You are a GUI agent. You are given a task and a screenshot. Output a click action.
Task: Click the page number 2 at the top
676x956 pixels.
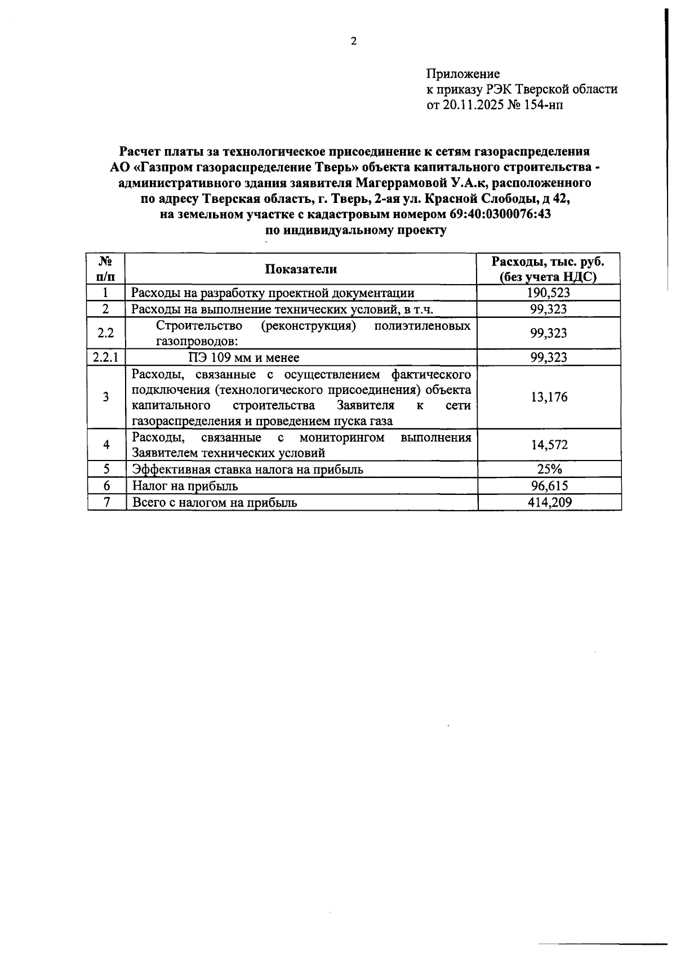point(354,41)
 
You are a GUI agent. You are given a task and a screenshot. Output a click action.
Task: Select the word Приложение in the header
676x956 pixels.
point(462,74)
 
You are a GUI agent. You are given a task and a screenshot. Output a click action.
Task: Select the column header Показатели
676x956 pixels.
point(301,269)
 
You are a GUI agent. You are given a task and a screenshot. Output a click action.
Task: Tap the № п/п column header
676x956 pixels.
point(105,269)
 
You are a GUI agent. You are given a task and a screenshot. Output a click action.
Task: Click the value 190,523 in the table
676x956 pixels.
point(549,293)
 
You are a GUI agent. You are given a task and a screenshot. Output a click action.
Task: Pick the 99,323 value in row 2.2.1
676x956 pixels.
point(549,357)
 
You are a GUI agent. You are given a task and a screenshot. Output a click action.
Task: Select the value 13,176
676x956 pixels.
point(549,397)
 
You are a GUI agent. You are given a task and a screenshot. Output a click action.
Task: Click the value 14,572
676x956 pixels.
point(549,445)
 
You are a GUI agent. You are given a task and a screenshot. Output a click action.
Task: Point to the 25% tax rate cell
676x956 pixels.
point(549,470)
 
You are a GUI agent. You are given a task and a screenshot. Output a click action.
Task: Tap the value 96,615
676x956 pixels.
point(549,486)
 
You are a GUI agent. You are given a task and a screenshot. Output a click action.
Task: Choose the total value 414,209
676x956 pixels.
point(549,502)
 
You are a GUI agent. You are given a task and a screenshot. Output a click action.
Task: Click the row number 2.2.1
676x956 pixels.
point(105,357)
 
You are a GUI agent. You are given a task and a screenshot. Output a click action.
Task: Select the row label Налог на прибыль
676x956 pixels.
point(185,486)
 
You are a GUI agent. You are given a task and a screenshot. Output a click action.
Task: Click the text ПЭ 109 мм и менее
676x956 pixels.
point(243,357)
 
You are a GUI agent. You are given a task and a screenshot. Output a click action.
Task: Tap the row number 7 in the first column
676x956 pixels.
point(105,502)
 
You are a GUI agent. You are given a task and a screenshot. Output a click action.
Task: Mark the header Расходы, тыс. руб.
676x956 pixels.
point(548,262)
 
